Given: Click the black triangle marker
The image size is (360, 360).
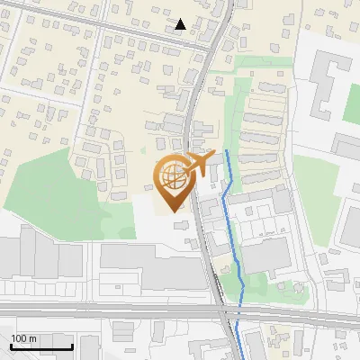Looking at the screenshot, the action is click(x=181, y=24).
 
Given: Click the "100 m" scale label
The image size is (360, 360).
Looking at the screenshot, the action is click(x=24, y=338).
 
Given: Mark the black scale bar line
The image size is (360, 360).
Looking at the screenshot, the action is click(x=41, y=346).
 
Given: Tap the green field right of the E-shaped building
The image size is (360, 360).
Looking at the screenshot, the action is click(x=351, y=103).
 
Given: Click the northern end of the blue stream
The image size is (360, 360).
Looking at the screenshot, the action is click(x=226, y=152).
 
